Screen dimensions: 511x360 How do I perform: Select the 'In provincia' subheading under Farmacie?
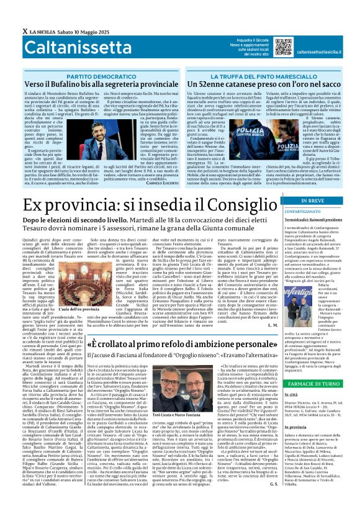pos(296,445)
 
